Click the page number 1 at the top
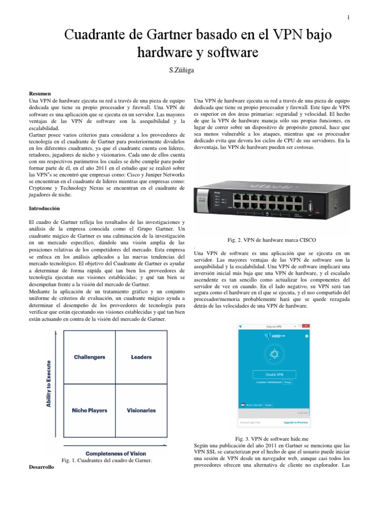coord(348,18)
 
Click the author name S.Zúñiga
coord(182,71)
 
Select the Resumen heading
coord(40,93)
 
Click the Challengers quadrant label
coord(89,357)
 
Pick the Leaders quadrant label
coord(141,357)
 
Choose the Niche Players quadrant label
coord(89,410)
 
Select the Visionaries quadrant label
coord(141,410)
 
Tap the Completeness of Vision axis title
coord(116,453)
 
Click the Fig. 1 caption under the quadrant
coord(106,460)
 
